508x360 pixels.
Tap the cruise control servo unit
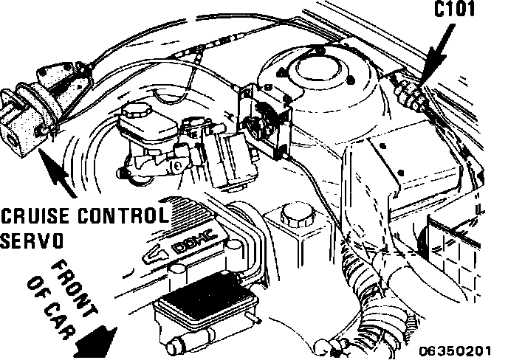[30, 118]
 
